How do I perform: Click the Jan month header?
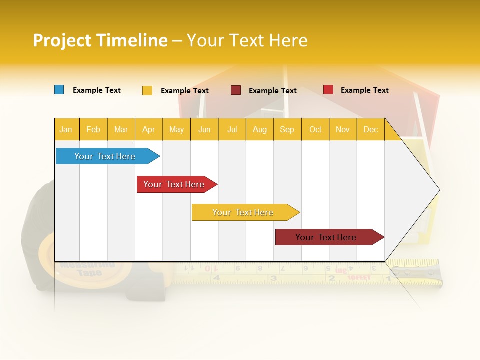pos(66,129)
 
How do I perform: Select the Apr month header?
pos(149,129)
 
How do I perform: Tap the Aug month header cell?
pos(260,129)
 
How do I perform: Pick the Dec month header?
pos(370,129)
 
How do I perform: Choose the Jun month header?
pos(204,129)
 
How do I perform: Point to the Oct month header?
pos(315,129)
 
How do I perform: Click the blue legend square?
pos(59,90)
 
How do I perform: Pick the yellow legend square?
pos(147,90)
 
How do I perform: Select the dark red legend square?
pos(236,90)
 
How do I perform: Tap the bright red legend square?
pos(328,90)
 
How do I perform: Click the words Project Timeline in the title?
pos(100,40)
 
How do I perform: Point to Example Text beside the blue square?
pos(97,90)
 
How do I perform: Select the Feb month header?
pos(93,129)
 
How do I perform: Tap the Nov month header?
pos(343,129)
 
